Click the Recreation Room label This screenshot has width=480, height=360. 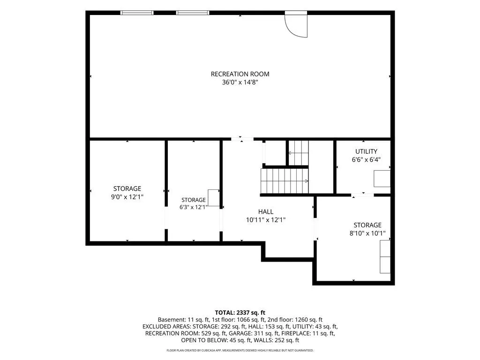(x=240, y=74)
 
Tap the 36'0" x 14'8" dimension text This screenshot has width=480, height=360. (x=240, y=82)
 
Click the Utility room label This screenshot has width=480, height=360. (x=366, y=151)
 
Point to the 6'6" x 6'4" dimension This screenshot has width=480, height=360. (x=366, y=159)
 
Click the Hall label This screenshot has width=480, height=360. (x=266, y=211)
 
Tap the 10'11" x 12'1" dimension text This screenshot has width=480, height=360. (x=266, y=220)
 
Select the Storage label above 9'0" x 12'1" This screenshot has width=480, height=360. (x=127, y=188)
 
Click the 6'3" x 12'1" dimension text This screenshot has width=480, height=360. (x=194, y=207)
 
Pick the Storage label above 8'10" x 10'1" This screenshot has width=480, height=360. (x=367, y=225)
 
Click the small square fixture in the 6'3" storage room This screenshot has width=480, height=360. (x=214, y=198)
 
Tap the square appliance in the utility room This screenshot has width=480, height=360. (x=382, y=179)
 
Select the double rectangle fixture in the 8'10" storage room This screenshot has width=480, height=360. (x=385, y=256)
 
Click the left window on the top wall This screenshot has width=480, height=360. (x=137, y=13)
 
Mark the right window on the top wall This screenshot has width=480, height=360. (x=193, y=13)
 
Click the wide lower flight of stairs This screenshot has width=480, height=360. (x=285, y=181)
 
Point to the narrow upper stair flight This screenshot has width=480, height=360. (x=299, y=153)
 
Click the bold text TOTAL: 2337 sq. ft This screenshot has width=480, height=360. (x=240, y=313)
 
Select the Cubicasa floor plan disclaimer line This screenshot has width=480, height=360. (x=240, y=350)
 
